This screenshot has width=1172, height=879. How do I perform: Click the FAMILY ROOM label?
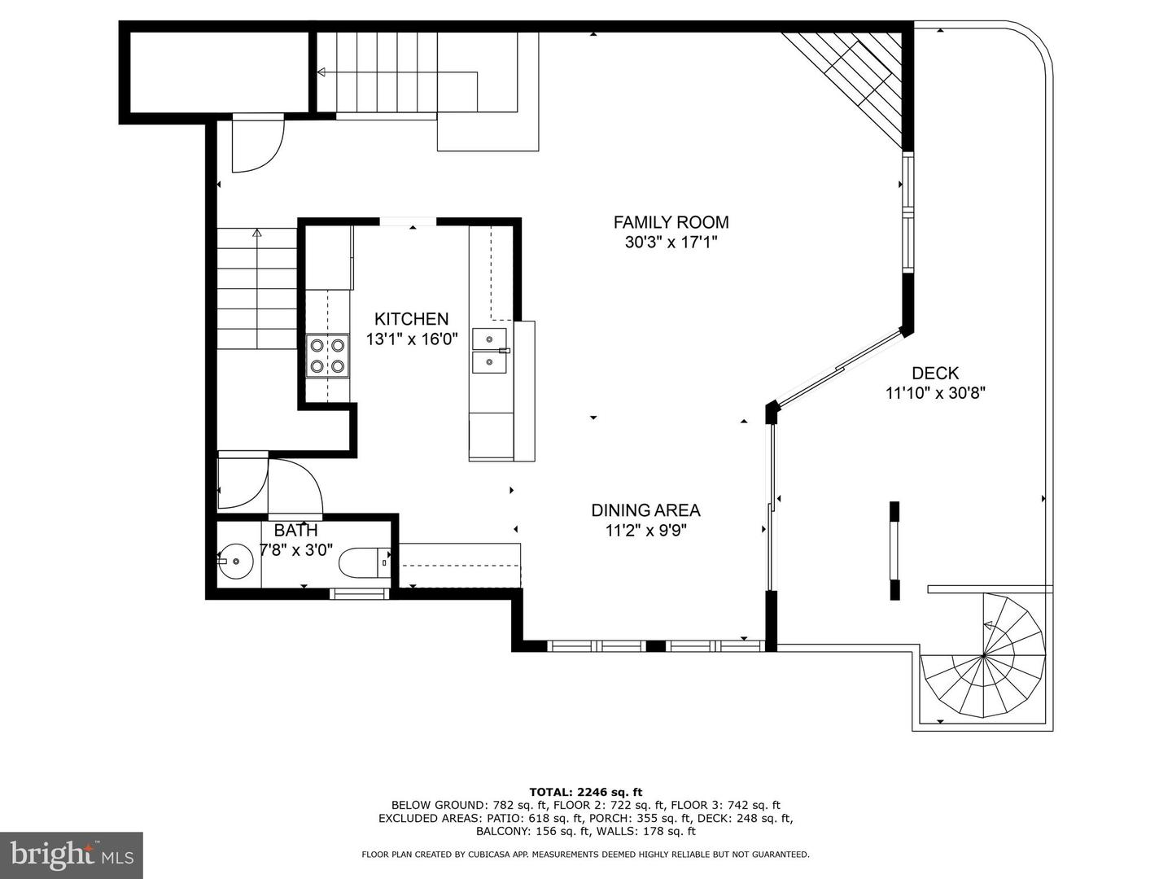(671, 222)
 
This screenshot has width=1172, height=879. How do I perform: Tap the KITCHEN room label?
(411, 319)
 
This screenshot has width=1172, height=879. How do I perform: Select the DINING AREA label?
(645, 511)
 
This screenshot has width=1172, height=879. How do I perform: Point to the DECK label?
(935, 373)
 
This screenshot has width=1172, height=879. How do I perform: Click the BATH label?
(295, 531)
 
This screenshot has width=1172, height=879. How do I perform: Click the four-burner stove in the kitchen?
(327, 356)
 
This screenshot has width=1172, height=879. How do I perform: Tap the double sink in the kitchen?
(490, 352)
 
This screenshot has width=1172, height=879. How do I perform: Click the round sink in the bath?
(235, 562)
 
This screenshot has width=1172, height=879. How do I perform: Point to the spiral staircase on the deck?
(983, 655)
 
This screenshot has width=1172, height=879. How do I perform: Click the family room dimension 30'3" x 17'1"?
(671, 243)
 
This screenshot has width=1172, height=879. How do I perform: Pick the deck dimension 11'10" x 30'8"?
(935, 393)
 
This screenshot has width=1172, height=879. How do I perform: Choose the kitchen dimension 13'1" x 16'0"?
(412, 339)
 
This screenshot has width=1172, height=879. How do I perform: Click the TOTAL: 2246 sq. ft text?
(586, 792)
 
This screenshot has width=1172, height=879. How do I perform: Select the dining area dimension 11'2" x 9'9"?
(645, 531)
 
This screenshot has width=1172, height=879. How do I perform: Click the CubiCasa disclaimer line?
(586, 855)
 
